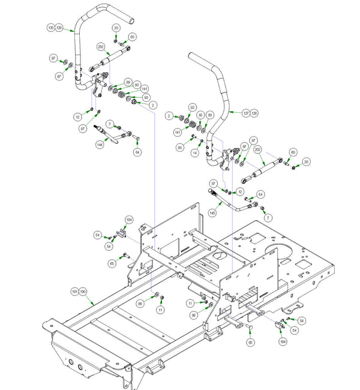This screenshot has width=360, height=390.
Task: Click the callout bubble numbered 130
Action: click(51, 28)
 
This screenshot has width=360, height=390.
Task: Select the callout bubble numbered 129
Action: click(59, 28)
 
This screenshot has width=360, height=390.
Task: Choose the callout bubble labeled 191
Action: click(75, 291)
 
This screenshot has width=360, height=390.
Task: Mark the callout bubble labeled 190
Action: click(83, 291)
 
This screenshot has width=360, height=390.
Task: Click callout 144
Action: click(99, 145)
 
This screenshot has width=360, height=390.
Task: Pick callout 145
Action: click(212, 212)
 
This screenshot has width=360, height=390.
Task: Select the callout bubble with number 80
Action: click(180, 147)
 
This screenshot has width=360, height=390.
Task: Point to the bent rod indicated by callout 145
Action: click(237, 204)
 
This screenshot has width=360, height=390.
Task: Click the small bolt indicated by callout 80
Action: click(191, 143)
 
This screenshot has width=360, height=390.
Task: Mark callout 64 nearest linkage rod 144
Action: click(137, 152)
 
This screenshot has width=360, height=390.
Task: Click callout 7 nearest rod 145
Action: click(268, 216)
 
